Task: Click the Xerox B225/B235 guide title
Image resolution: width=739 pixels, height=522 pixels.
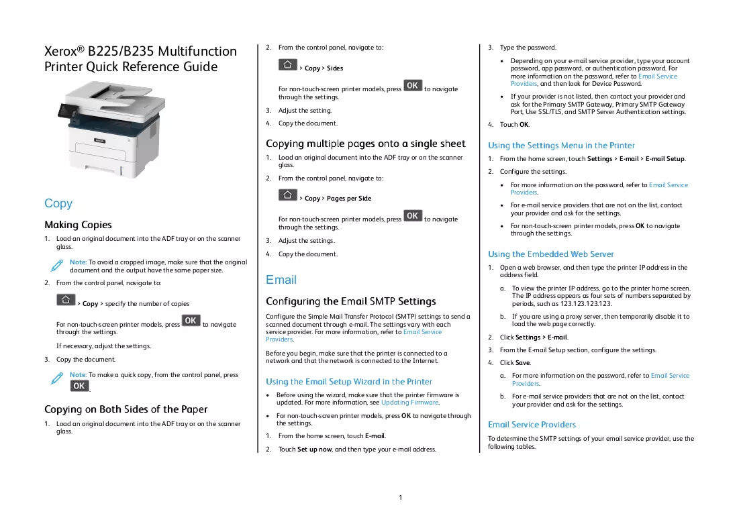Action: tap(140, 59)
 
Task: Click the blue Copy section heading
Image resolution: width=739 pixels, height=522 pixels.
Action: tap(58, 203)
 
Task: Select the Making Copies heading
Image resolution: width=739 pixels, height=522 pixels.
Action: tap(79, 225)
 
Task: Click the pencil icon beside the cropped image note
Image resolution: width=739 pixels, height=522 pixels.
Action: tap(56, 266)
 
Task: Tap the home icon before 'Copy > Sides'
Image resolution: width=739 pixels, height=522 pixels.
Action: tap(287, 64)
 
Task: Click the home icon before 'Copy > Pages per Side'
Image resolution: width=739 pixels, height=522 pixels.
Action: tap(287, 195)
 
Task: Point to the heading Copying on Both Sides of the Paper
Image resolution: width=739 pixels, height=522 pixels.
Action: tap(126, 409)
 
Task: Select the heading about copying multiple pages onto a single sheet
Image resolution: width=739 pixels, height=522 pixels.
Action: tap(366, 144)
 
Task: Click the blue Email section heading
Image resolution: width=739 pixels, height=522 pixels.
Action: tap(281, 280)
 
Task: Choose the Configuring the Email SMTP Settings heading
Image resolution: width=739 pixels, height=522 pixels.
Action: tap(351, 301)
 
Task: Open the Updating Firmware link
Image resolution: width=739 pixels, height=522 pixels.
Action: tap(409, 403)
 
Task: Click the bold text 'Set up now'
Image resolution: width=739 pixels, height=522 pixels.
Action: tap(314, 450)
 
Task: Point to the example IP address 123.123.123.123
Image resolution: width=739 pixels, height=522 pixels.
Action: tap(586, 304)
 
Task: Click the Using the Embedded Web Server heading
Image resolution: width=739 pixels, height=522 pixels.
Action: tap(551, 254)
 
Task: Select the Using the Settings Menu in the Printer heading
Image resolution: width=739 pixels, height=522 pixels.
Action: tap(561, 146)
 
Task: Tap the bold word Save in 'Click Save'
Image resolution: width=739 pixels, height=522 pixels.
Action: tap(523, 363)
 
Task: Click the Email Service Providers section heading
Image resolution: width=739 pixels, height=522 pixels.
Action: tap(532, 425)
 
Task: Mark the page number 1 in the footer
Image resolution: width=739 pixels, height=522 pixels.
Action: tap(401, 497)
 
